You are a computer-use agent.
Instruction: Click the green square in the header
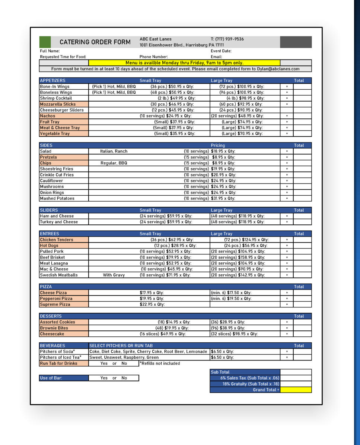pyautogui.click(x=45, y=42)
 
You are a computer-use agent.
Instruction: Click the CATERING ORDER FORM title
pyautogui.click(x=95, y=42)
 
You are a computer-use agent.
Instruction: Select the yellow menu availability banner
pyautogui.click(x=184, y=63)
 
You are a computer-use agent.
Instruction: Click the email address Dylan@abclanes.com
pyautogui.click(x=278, y=69)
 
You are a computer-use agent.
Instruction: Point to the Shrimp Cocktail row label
pyautogui.click(x=56, y=98)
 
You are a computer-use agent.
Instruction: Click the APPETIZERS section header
pyautogui.click(x=52, y=80)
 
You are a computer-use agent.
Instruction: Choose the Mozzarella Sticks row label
pyautogui.click(x=58, y=104)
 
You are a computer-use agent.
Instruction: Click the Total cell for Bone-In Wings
pyautogui.click(x=302, y=87)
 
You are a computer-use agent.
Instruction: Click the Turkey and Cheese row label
pyautogui.click(x=59, y=222)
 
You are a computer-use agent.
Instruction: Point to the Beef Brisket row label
pyautogui.click(x=52, y=257)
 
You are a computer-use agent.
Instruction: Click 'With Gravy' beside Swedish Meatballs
pyautogui.click(x=114, y=275)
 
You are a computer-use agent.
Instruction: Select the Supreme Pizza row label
pyautogui.click(x=55, y=305)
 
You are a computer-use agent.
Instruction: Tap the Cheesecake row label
pyautogui.click(x=52, y=334)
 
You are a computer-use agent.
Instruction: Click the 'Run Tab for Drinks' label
pyautogui.click(x=59, y=364)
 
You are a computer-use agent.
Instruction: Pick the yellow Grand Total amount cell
pyautogui.click(x=296, y=390)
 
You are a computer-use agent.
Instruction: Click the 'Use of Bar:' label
pyautogui.click(x=51, y=378)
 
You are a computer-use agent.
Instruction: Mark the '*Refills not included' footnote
pyautogui.click(x=160, y=364)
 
